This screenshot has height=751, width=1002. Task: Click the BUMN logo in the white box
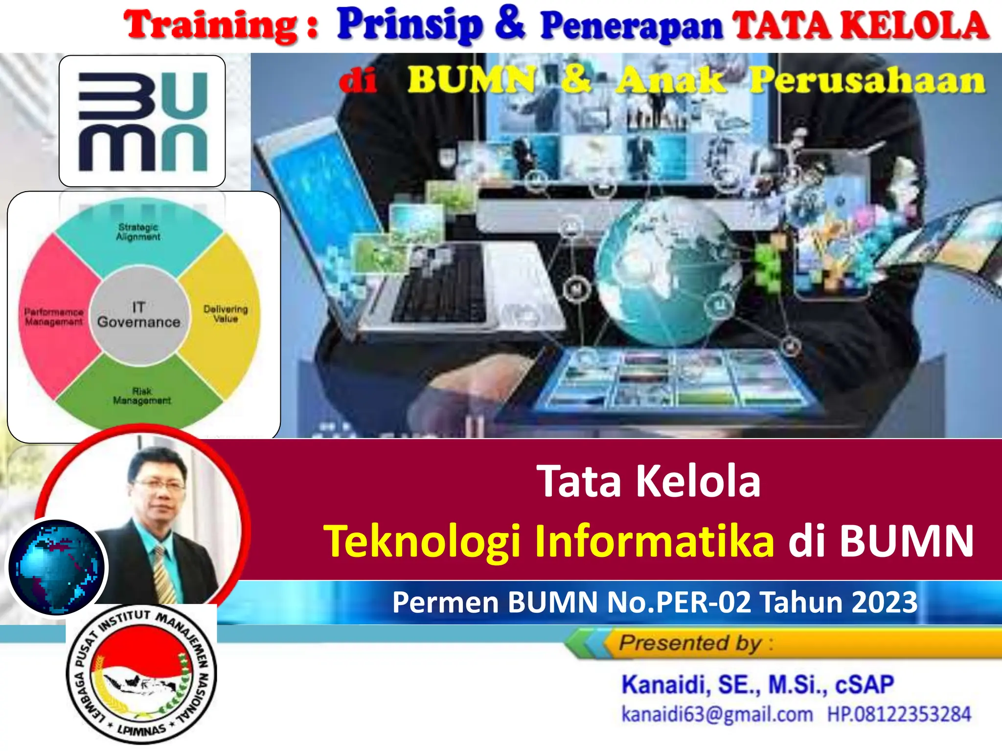point(142,121)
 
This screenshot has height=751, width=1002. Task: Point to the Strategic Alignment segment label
point(138,232)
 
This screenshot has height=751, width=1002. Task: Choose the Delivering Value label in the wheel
point(226,313)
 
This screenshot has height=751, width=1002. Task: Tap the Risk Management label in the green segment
point(142,396)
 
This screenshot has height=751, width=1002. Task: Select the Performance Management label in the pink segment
point(54,317)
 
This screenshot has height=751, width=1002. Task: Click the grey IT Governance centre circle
point(139,315)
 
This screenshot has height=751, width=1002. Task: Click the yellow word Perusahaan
point(867,80)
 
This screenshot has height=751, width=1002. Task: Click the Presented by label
point(690,642)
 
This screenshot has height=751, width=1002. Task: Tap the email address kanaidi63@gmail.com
point(717,714)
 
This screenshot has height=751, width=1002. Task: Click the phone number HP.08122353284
point(899,714)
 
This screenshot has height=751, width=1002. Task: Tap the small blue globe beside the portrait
point(57,567)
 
